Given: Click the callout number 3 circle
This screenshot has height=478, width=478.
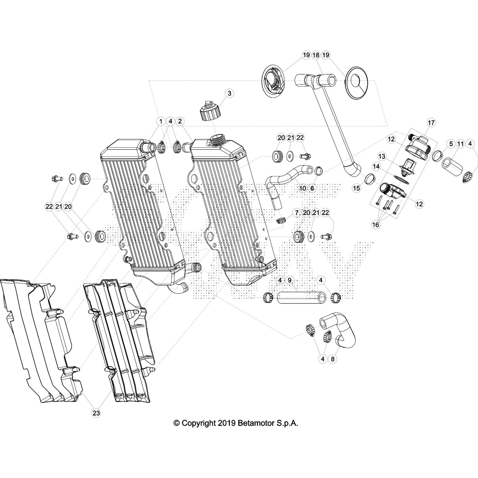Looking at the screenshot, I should click(229, 93).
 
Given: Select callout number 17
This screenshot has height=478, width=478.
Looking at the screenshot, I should click(431, 122).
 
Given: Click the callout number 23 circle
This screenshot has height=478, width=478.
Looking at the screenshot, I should click(96, 413).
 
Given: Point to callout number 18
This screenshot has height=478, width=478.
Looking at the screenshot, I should click(316, 55).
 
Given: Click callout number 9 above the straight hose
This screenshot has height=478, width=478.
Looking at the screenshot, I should click(289, 280).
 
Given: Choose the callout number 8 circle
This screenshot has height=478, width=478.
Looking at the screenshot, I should click(333, 359).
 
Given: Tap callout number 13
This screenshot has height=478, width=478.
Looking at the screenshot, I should click(382, 156).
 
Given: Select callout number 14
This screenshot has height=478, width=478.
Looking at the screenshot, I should click(376, 166).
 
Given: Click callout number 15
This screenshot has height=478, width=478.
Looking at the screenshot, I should click(357, 188).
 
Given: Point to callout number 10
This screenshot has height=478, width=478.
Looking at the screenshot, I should click(303, 188).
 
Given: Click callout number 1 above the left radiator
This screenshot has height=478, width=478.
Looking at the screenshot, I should click(161, 121).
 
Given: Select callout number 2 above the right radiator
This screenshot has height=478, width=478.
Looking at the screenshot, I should click(180, 121).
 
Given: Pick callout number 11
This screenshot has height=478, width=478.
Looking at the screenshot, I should click(460, 144).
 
